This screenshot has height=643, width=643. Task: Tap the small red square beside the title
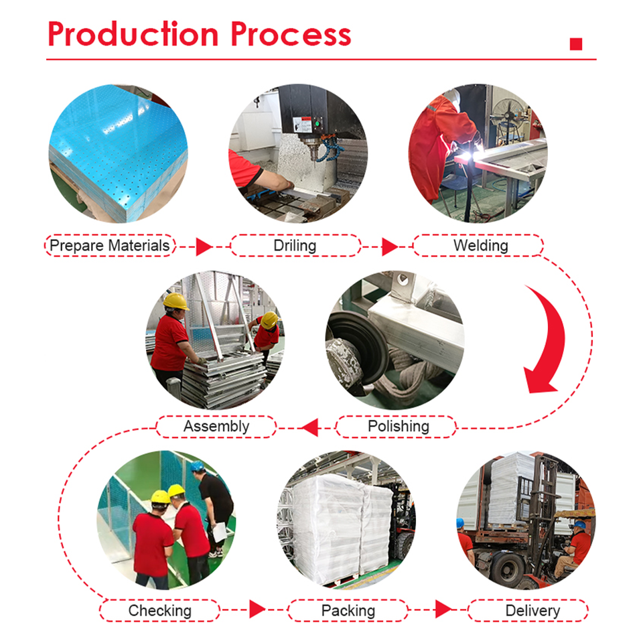(575, 44)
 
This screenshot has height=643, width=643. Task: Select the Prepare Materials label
(110, 246)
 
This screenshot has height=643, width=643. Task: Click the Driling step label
(295, 246)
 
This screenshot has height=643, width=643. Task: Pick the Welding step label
(480, 246)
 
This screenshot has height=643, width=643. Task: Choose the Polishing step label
(398, 426)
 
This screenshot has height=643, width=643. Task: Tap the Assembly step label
(216, 426)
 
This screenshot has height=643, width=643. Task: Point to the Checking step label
(159, 610)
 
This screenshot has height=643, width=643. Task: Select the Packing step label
(348, 610)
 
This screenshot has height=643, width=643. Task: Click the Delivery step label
(532, 610)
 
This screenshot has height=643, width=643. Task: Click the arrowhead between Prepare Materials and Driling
(204, 246)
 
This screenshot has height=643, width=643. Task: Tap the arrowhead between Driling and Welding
(389, 246)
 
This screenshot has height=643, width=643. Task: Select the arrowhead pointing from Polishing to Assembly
(309, 427)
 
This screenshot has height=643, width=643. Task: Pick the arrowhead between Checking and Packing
(257, 610)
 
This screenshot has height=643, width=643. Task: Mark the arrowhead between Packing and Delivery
(442, 610)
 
